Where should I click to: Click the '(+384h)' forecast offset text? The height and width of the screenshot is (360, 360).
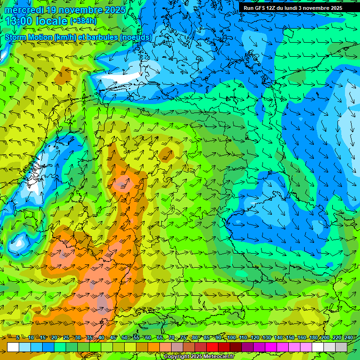83,21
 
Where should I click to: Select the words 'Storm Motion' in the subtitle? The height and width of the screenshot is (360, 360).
29,37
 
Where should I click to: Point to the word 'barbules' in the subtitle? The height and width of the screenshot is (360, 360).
105,37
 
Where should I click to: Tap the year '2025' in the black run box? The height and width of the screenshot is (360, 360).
333,8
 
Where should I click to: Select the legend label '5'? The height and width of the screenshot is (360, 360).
18,338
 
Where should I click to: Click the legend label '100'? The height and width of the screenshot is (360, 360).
231,338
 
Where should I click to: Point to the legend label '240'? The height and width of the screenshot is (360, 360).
348,338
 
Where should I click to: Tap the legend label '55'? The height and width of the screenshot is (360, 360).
136,338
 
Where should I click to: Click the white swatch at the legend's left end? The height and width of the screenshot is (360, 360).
13,347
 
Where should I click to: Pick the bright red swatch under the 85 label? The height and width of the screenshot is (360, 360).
213,347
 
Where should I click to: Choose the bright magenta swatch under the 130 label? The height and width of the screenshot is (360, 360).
271,347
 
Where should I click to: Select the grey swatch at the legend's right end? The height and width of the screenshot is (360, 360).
342,347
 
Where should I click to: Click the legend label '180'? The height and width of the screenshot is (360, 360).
313,338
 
